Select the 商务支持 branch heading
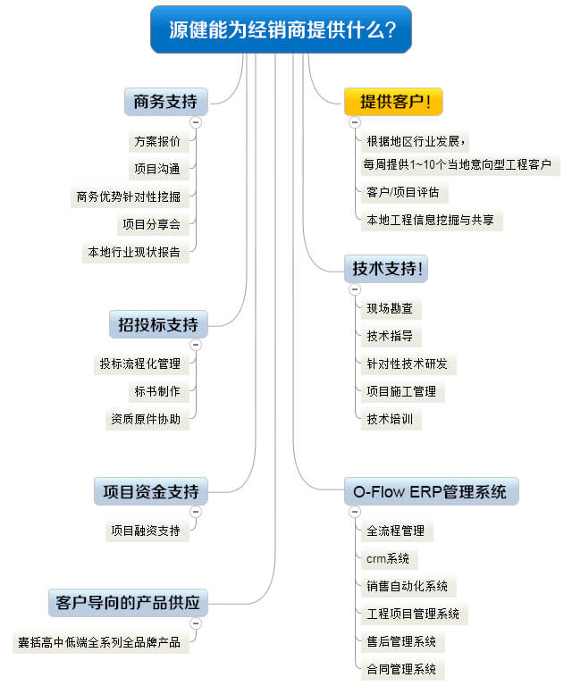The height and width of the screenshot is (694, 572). pos(165,101)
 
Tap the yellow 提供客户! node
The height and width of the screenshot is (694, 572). pos(394,101)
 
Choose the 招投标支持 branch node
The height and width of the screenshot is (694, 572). pos(158,323)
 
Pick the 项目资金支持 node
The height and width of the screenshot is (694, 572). pos(151,490)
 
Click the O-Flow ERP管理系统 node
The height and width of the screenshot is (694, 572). pos(431,491)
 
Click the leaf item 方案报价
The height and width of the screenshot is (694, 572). pos(156,141)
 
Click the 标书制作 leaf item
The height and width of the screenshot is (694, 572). pos(156,391)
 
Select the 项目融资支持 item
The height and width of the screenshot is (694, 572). pos(145,531)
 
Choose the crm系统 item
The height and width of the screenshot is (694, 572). pos(387,558)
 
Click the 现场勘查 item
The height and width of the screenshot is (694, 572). pos(389,309)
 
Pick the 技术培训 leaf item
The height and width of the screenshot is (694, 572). pos(389,419)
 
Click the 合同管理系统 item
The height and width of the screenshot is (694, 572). pos(400,669)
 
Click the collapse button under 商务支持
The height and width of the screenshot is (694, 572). pos(196,122)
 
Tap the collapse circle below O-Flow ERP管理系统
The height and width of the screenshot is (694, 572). pos(355,512)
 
